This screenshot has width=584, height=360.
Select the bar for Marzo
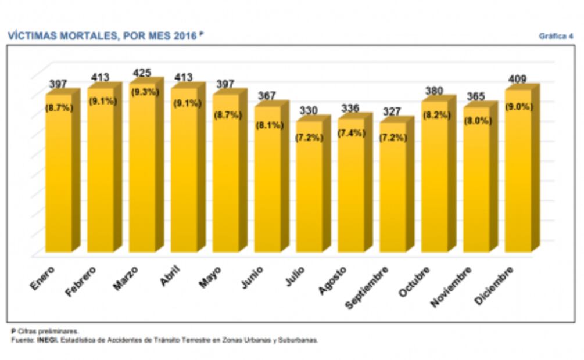142,174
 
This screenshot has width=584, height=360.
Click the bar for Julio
309,192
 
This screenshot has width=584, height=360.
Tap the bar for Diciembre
518,174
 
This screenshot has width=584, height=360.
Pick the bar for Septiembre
393,192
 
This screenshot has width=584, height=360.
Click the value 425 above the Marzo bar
141,73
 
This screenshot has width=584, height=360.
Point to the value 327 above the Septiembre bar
392,112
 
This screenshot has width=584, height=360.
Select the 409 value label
517,78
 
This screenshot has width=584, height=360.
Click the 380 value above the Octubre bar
433,91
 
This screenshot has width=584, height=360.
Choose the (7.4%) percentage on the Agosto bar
351,133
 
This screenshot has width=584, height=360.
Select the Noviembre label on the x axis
451,287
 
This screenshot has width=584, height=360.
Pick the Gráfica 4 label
556,36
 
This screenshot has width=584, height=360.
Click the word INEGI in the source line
47,340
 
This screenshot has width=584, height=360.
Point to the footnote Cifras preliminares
48,332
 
